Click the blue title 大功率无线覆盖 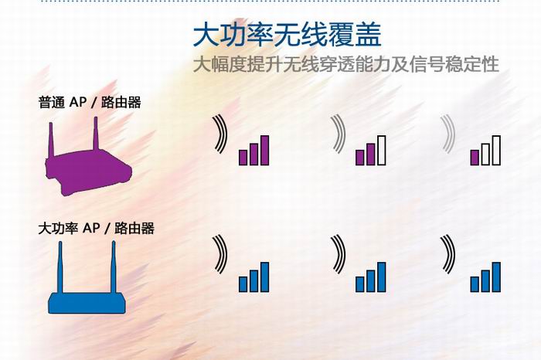[x=287, y=35]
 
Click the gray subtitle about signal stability [x=346, y=64]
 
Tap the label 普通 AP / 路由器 [x=90, y=103]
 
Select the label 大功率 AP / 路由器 [x=97, y=228]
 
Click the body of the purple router [x=89, y=172]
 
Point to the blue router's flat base [x=87, y=303]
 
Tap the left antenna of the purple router [x=51, y=140]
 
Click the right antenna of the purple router [x=96, y=134]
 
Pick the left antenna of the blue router [x=60, y=267]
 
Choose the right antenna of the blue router [x=113, y=267]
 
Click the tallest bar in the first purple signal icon [x=264, y=151]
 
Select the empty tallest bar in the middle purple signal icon [x=382, y=151]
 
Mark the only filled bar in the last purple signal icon [x=475, y=158]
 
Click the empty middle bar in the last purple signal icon [x=485, y=155]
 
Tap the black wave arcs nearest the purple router [x=220, y=134]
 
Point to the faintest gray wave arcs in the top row [x=448, y=134]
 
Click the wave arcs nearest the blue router [x=220, y=254]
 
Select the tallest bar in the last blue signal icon [x=496, y=277]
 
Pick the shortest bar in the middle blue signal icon [x=360, y=284]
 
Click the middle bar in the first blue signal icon [x=254, y=281]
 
